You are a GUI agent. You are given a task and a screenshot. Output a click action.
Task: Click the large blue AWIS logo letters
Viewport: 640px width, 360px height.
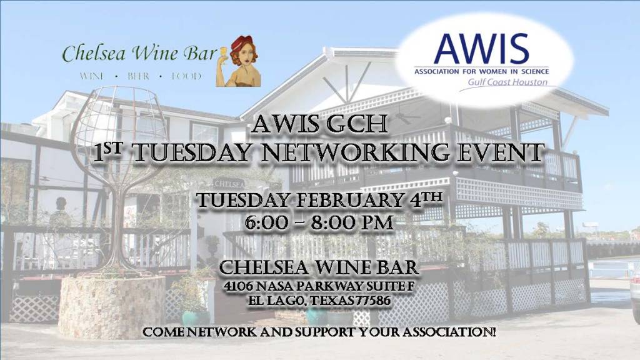tap(481, 49)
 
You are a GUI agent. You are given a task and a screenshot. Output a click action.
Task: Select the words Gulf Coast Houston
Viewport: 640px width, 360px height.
tap(507, 82)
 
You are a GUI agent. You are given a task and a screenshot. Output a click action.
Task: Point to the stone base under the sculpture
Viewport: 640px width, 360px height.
tap(111, 307)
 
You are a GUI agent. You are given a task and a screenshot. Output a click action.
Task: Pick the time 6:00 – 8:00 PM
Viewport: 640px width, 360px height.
tap(319, 223)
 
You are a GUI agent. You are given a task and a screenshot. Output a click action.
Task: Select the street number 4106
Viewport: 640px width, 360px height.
tap(237, 286)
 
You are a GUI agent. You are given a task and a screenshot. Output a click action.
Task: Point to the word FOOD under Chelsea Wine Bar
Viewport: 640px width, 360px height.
tap(186, 76)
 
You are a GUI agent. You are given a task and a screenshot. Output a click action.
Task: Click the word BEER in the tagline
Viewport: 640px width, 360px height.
tap(138, 76)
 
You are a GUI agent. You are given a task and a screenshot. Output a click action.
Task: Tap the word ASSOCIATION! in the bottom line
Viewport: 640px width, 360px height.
tap(449, 332)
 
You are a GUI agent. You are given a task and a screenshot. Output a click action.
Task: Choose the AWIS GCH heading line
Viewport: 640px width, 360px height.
tap(319, 124)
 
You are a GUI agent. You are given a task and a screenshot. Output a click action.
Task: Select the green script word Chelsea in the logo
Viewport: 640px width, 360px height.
tap(94, 53)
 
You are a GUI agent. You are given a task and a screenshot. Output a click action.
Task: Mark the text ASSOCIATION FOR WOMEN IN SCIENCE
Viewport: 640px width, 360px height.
tap(482, 71)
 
